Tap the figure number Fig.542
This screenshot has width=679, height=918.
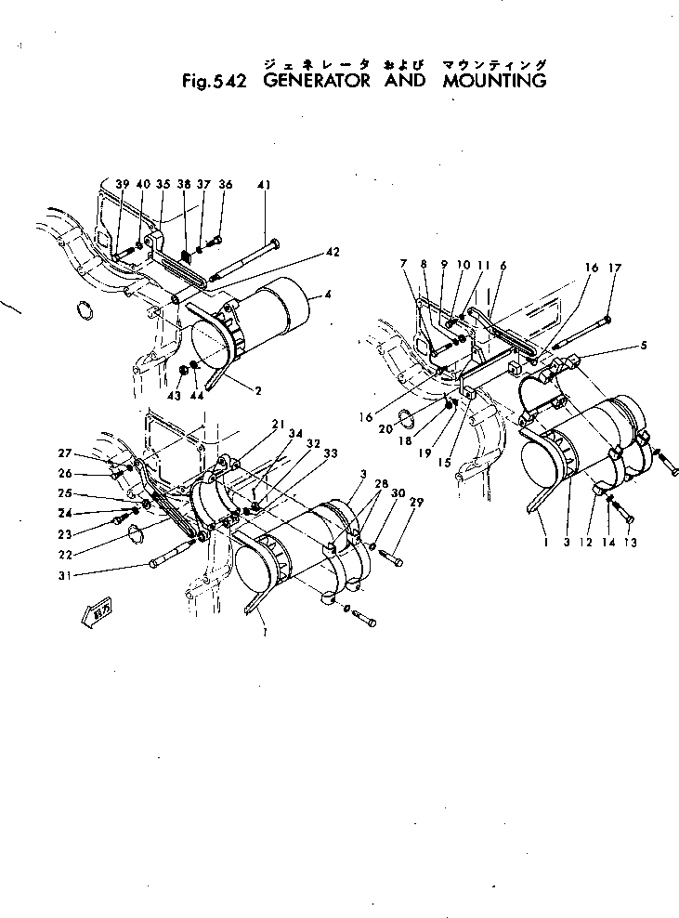tap(214, 82)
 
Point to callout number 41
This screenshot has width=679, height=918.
tap(265, 185)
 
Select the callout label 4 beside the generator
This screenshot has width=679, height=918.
tap(326, 296)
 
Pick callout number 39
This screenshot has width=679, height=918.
tap(122, 185)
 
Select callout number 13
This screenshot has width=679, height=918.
tap(631, 543)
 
